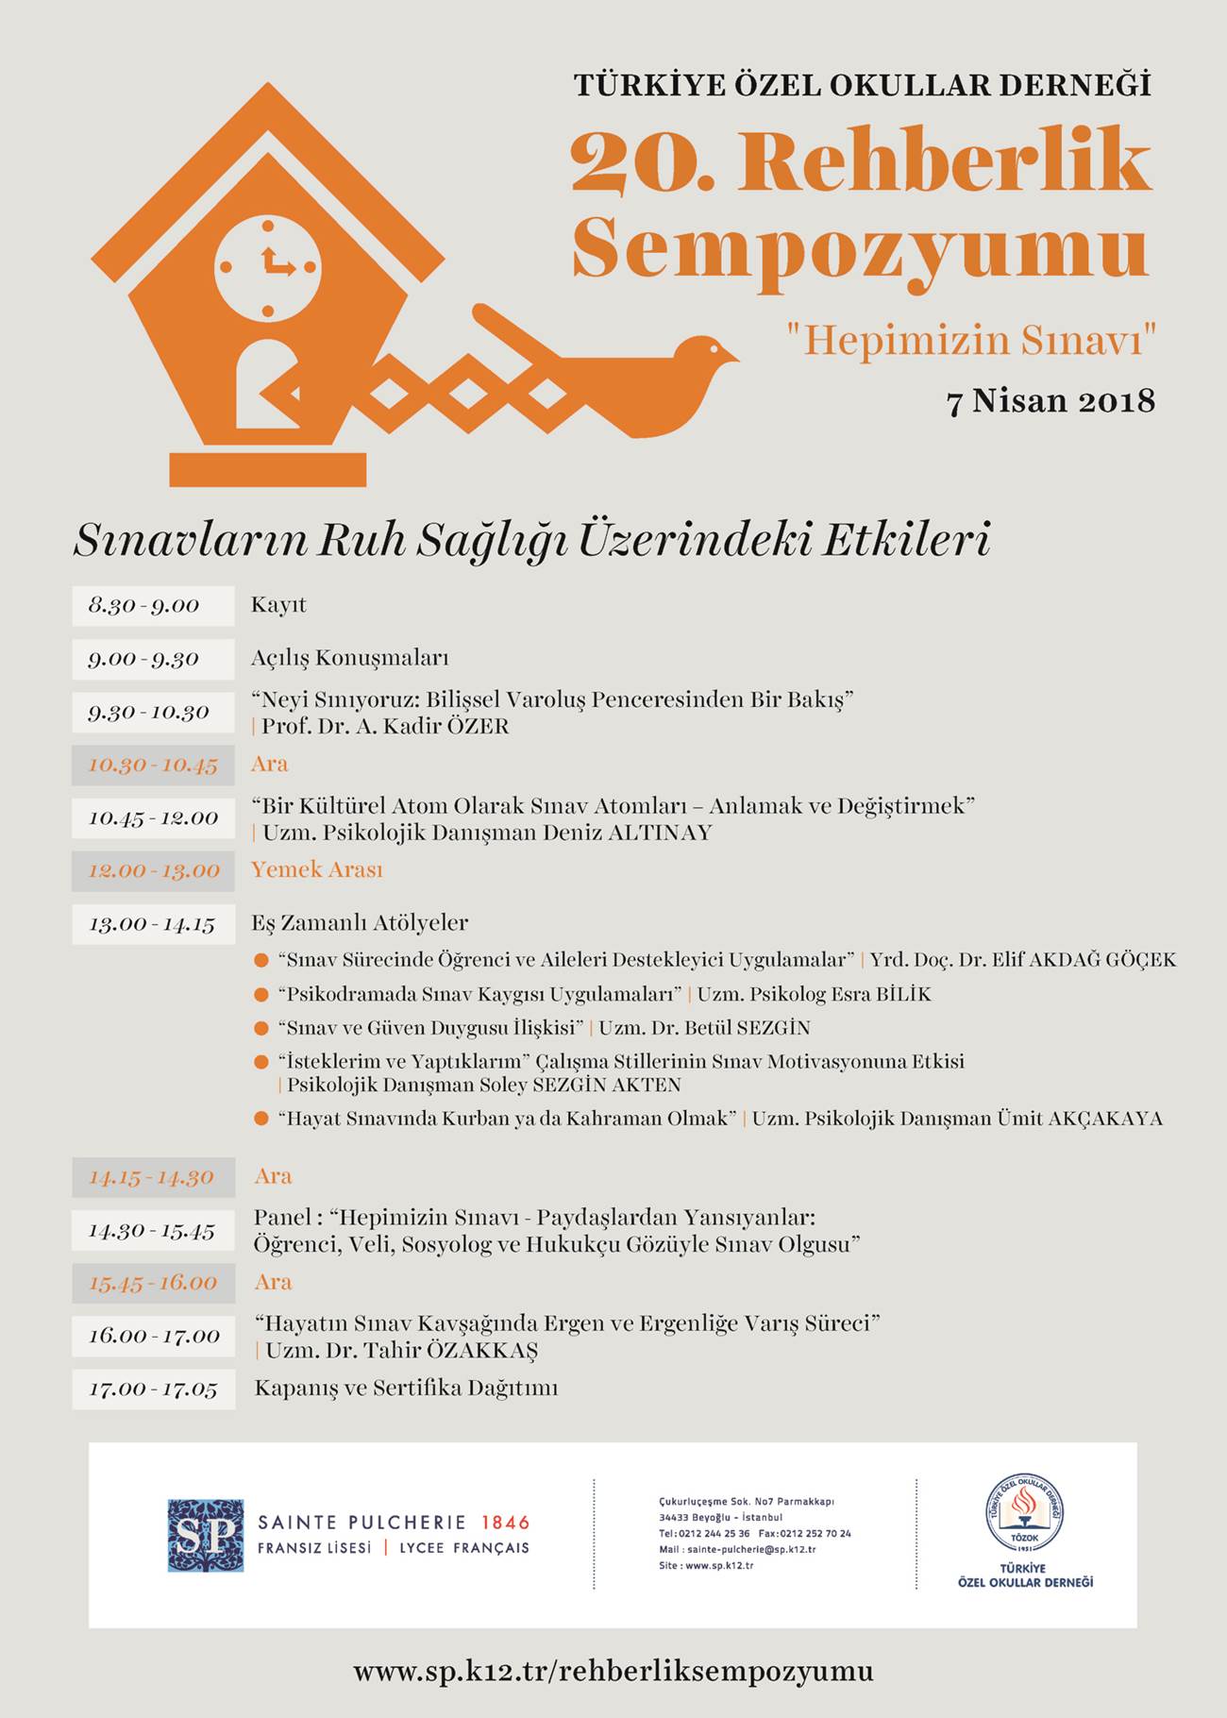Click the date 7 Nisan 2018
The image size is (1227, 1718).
(1051, 401)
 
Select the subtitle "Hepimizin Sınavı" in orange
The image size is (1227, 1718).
(972, 341)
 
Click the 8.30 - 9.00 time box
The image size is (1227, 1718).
(152, 606)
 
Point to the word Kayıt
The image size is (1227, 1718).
(278, 605)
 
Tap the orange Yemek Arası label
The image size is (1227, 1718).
(317, 869)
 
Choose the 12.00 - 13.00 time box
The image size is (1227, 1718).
(152, 870)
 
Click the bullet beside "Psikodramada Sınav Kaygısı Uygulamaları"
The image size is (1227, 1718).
(261, 995)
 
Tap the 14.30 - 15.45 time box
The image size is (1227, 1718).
(153, 1231)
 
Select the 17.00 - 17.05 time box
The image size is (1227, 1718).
(153, 1390)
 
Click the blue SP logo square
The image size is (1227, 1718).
(206, 1536)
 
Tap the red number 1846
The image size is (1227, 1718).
(505, 1523)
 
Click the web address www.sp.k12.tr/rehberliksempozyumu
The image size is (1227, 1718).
(613, 1672)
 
